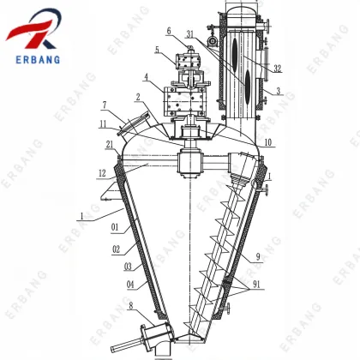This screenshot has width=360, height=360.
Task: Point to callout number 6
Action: pos(170,31)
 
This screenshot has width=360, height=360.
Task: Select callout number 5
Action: pos(158,51)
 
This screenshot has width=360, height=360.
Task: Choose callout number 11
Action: pos(104,124)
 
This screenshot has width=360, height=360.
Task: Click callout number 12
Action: pos(101,174)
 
